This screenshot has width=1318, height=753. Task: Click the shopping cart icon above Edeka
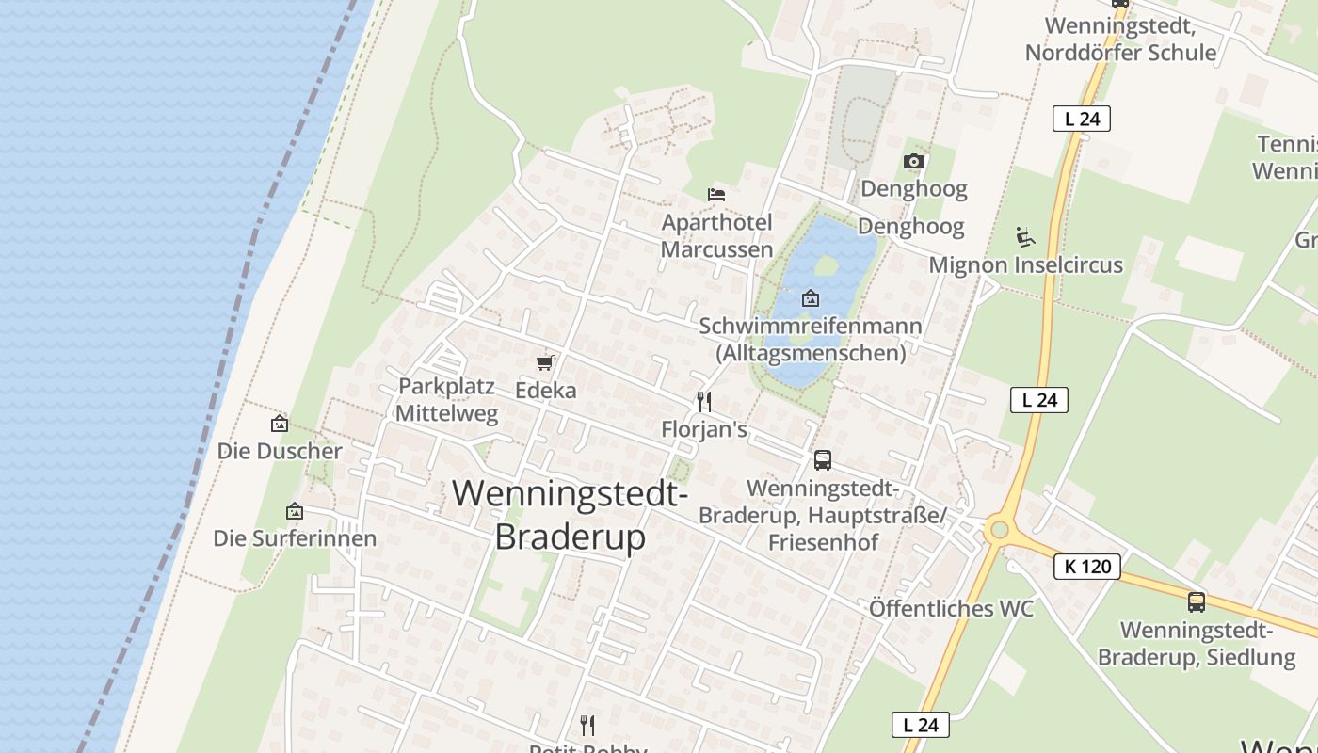click(544, 362)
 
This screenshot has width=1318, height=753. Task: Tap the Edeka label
click(545, 390)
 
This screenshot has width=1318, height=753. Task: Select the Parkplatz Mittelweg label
click(446, 400)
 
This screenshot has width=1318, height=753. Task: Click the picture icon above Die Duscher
click(279, 424)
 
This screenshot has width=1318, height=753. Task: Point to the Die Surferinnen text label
click(295, 538)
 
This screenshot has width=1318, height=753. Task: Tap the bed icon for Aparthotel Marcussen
click(716, 195)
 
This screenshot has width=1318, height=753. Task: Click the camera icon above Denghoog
click(913, 162)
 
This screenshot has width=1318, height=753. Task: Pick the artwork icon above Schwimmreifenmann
click(810, 299)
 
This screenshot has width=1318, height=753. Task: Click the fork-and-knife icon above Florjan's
click(703, 402)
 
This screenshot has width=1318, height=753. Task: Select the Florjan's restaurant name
click(704, 430)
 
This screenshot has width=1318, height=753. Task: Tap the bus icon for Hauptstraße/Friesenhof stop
click(822, 460)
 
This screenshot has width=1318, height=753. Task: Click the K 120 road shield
click(1087, 567)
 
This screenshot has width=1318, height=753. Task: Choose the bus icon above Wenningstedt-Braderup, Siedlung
click(1196, 602)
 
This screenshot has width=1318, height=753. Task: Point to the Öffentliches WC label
click(951, 609)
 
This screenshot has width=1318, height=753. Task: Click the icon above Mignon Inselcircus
click(1025, 236)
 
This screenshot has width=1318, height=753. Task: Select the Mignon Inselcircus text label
click(1025, 265)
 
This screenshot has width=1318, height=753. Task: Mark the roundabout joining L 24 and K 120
click(999, 531)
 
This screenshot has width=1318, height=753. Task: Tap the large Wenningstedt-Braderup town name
click(571, 515)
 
